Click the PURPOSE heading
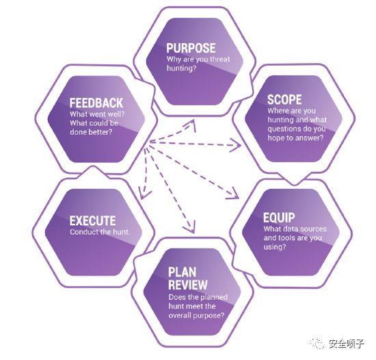coord(191,48)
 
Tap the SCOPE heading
coord(284,100)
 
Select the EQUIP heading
coord(279,218)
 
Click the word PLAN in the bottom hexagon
coord(182,272)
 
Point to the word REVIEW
coord(188,285)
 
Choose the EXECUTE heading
coord(92,221)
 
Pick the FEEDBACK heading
coord(96,103)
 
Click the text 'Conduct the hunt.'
coord(100,232)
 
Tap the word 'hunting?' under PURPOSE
coord(182,68)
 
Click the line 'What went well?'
coord(97,114)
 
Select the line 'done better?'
coord(91,132)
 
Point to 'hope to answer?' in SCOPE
coord(295,138)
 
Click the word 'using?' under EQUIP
coord(275,247)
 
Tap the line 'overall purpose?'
coord(196,315)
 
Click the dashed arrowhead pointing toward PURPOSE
coord(192,125)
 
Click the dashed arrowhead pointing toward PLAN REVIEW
coord(191,227)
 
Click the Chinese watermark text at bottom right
coord(347,344)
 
